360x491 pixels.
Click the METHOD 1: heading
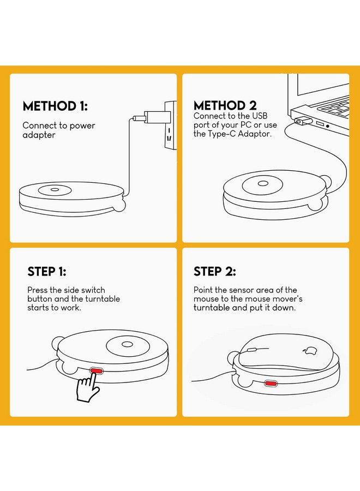55,106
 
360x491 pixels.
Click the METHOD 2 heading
225,105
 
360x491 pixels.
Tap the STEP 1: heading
47,272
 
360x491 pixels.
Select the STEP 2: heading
215,272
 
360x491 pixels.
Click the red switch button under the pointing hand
96,371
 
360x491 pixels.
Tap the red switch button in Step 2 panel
270,384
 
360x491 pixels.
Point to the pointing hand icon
88,387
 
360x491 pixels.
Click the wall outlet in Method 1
170,125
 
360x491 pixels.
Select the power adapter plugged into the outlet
154,117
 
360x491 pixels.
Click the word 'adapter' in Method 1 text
39,135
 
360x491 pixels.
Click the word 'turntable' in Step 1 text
103,299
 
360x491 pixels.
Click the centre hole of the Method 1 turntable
55,189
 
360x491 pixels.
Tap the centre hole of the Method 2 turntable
263,183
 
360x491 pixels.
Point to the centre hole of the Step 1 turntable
127,344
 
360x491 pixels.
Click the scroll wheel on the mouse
251,350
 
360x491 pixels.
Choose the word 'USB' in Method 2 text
260,116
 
